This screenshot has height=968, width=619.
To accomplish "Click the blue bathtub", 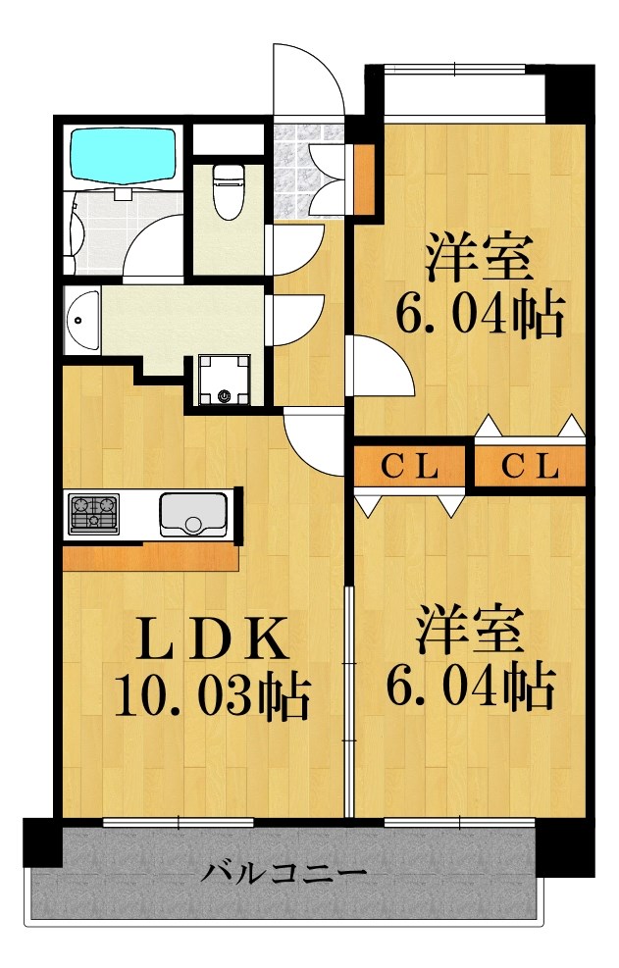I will pos(123,155).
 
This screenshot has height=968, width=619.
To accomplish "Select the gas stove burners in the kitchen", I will pos(93,513).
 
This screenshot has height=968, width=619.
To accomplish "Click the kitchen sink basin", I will pos(193,514).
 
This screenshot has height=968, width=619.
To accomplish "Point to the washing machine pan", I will pos(224,379).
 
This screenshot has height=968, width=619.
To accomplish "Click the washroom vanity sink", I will pos(82,321).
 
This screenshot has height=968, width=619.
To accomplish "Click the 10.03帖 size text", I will pos(212,695).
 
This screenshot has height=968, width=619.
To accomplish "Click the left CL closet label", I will pos(408,467).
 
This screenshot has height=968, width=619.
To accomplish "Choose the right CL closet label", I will pos(531,467).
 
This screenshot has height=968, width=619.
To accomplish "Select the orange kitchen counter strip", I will pos(151,558).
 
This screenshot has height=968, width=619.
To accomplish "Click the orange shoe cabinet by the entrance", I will pos(363,179).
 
